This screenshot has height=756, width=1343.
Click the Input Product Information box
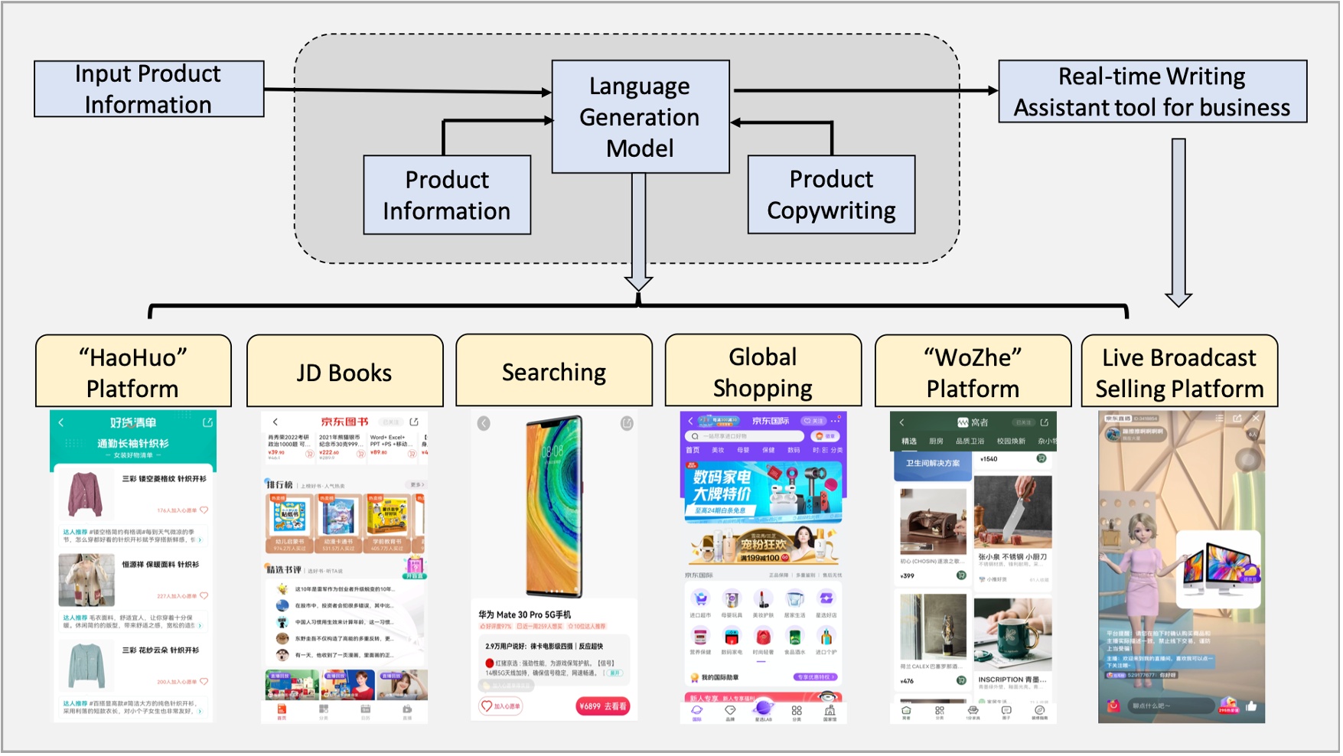[148, 89]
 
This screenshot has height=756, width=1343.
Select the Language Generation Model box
[640, 116]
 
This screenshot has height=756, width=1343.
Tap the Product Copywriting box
[831, 194]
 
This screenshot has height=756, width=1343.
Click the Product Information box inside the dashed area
[447, 195]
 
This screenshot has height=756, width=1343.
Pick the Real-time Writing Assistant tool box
[1152, 91]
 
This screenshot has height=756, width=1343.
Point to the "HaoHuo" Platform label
[133, 372]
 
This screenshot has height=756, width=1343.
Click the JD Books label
[344, 372]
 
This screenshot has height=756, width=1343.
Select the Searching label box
[554, 372]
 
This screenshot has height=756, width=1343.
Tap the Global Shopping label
[763, 372]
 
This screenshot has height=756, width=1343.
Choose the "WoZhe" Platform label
[973, 372]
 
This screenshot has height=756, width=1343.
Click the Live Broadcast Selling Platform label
[1179, 372]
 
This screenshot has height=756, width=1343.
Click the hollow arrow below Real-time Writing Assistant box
[1178, 222]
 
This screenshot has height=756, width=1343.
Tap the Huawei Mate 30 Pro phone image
[553, 507]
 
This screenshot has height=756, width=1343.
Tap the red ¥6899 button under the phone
[603, 706]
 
